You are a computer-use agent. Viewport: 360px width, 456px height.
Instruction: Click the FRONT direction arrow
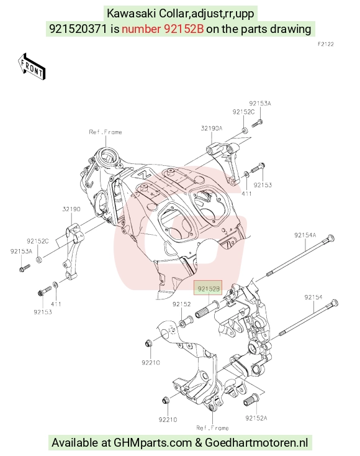[32, 66]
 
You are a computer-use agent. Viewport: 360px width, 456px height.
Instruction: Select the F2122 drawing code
[326, 44]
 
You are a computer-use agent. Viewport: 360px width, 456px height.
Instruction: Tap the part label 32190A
[212, 128]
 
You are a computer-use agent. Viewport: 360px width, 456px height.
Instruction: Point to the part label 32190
[71, 209]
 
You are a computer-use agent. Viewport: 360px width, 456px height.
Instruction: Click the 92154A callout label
[305, 235]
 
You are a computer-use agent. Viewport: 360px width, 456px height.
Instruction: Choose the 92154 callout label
[313, 297]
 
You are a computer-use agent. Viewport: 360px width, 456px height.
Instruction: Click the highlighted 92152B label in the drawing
[209, 289]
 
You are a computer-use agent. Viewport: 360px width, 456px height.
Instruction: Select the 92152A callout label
[256, 418]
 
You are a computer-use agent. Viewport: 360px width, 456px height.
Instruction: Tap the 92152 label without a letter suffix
[182, 304]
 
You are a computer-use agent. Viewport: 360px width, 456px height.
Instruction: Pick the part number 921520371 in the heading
[78, 29]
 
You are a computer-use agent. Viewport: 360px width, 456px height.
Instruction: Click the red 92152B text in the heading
[163, 29]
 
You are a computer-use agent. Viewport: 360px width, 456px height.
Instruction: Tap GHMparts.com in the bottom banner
[152, 442]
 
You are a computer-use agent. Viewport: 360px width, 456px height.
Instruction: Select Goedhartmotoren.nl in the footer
[256, 442]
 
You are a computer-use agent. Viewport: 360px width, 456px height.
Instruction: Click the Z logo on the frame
[143, 175]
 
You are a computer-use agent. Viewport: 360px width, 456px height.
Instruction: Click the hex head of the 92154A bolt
[331, 239]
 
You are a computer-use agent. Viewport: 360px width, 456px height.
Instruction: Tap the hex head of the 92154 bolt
[334, 303]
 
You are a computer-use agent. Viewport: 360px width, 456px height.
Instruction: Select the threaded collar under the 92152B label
[207, 309]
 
